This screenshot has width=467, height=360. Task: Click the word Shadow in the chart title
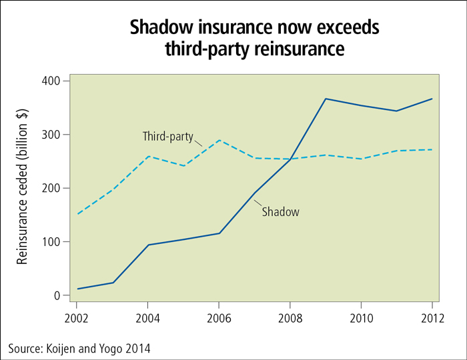tap(159, 28)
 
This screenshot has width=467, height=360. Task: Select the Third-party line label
tap(167, 137)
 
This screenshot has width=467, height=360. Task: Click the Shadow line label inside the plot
tap(280, 212)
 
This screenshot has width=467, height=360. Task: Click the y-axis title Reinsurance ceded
tap(23, 188)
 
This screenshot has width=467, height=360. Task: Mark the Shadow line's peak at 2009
tap(326, 99)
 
